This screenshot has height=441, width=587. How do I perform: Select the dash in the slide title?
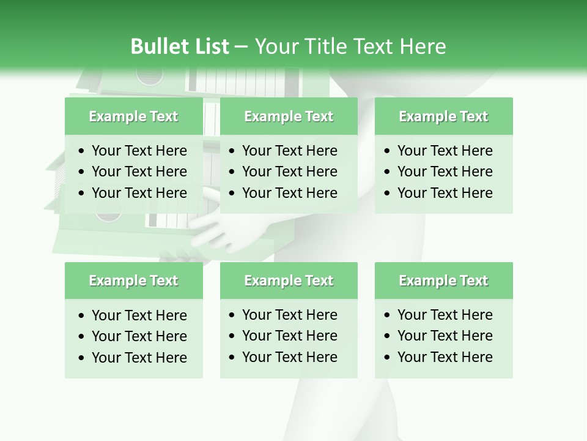pos(241,47)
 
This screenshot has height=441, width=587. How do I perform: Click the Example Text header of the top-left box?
pos(133,116)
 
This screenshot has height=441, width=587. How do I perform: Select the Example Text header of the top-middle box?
pos(289,116)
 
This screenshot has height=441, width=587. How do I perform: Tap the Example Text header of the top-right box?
pos(443,116)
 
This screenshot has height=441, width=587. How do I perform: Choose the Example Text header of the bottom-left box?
pos(133,281)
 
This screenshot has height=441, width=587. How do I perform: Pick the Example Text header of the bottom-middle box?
pos(289,281)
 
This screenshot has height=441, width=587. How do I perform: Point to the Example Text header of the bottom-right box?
pos(443,281)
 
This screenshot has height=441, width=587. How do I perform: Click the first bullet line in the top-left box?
pos(139,151)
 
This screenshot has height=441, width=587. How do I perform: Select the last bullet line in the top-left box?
pos(139,193)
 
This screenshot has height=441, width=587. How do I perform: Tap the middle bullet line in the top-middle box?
pos(289,171)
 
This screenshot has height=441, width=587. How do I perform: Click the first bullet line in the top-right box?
pos(445,151)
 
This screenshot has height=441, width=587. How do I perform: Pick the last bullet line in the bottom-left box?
pos(139,358)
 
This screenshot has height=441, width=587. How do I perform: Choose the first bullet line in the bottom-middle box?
pos(289,315)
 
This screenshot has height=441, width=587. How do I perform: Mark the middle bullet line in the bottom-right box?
pos(445,336)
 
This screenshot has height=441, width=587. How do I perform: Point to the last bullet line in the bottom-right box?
pos(445,357)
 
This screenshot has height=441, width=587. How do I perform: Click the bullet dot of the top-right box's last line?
pos(387,193)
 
